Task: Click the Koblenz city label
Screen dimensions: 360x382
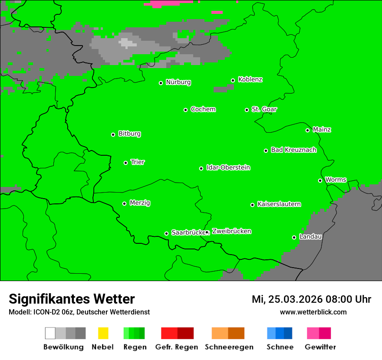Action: pyautogui.click(x=250, y=80)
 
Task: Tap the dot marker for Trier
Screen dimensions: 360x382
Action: pyautogui.click(x=126, y=163)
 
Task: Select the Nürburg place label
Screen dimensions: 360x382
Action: pyautogui.click(x=178, y=82)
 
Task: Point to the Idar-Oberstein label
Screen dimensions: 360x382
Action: pyautogui.click(x=228, y=168)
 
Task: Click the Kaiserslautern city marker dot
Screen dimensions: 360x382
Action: pyautogui.click(x=252, y=205)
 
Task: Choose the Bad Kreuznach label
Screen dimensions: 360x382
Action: pyautogui.click(x=293, y=150)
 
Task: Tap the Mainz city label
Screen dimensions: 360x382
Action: pyautogui.click(x=322, y=130)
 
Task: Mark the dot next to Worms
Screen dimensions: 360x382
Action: pyautogui.click(x=320, y=180)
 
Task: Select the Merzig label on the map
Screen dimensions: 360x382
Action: pyautogui.click(x=140, y=203)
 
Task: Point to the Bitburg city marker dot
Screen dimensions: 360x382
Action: pyautogui.click(x=113, y=134)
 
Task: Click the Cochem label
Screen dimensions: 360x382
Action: pyautogui.click(x=203, y=109)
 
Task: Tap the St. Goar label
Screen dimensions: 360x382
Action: pyautogui.click(x=264, y=109)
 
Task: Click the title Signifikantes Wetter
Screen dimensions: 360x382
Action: pyautogui.click(x=72, y=299)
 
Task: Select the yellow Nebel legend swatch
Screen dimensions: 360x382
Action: pyautogui.click(x=103, y=333)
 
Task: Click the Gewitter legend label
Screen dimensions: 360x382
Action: pyautogui.click(x=320, y=347)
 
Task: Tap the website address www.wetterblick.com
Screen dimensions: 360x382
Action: pyautogui.click(x=313, y=312)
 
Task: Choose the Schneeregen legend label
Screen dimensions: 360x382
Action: pyautogui.click(x=229, y=347)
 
